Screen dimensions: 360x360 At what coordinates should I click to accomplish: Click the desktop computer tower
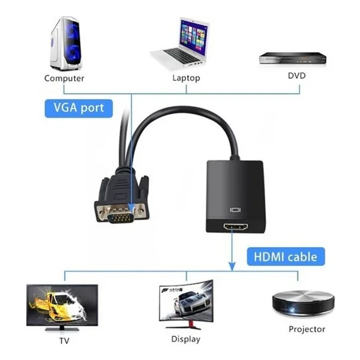click(x=66, y=44)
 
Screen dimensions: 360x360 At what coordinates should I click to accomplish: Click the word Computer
click(x=64, y=78)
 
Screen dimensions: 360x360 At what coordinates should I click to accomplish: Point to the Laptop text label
click(x=186, y=78)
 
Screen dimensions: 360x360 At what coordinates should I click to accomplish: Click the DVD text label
click(x=297, y=76)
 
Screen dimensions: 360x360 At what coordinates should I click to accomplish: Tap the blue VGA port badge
click(x=79, y=109)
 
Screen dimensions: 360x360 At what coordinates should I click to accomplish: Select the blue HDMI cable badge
click(x=286, y=257)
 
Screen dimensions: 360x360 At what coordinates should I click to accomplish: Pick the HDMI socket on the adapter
click(x=236, y=227)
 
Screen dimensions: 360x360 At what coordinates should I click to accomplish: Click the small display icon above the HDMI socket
click(x=235, y=210)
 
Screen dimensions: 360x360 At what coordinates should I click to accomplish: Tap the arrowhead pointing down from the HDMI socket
click(x=232, y=266)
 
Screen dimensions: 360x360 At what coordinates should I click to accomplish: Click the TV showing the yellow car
click(x=62, y=307)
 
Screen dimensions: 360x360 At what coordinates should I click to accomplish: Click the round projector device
click(x=303, y=302)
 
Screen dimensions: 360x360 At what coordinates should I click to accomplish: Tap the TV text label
click(x=64, y=341)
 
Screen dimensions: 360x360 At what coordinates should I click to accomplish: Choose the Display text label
click(x=186, y=340)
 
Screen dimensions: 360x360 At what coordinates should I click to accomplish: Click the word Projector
click(x=307, y=329)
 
